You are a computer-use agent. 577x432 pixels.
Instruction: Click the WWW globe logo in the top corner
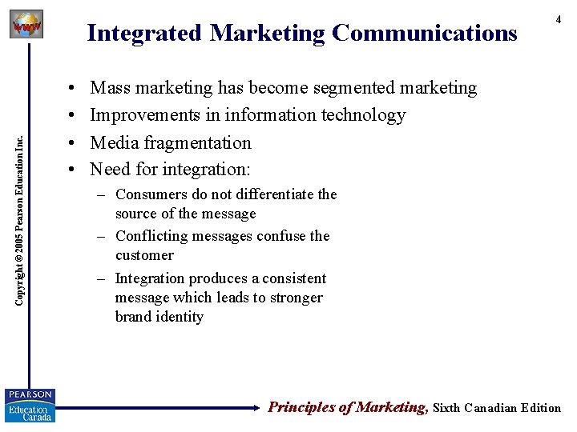click(26, 25)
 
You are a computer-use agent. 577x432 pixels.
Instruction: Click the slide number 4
click(559, 19)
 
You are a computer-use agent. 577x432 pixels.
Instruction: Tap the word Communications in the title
click(425, 34)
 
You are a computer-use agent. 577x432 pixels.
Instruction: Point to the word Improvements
click(145, 115)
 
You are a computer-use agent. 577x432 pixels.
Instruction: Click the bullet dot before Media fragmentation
click(72, 143)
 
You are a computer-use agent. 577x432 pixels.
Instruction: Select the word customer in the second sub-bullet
click(144, 255)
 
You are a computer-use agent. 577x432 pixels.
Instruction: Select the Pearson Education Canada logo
click(29, 405)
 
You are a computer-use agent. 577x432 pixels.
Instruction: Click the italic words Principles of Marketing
click(346, 407)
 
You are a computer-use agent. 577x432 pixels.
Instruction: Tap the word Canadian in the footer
click(490, 408)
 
